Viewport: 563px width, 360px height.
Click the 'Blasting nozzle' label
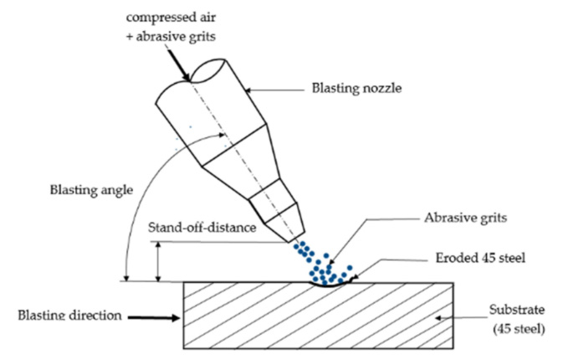pyautogui.click(x=356, y=89)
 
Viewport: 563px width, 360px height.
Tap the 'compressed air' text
pyautogui.click(x=171, y=18)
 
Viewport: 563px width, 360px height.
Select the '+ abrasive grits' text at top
pyautogui.click(x=171, y=37)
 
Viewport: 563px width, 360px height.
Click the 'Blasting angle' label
pyautogui.click(x=91, y=190)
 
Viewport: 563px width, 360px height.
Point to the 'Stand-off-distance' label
pyautogui.click(x=202, y=228)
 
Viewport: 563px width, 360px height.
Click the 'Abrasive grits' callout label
pyautogui.click(x=465, y=218)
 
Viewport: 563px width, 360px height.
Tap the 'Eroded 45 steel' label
pyautogui.click(x=480, y=258)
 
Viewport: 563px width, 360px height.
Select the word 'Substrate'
pyautogui.click(x=517, y=310)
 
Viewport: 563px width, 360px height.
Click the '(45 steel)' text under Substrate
pyautogui.click(x=519, y=329)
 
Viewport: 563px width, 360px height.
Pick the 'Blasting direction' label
pyautogui.click(x=70, y=316)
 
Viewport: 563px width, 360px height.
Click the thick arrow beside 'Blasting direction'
pyautogui.click(x=154, y=317)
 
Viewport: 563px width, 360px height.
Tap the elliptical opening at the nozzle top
pyautogui.click(x=208, y=71)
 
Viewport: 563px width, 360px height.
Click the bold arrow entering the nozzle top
pyautogui.click(x=179, y=65)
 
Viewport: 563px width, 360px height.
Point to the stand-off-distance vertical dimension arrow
pyautogui.click(x=158, y=261)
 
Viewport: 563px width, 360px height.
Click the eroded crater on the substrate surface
pyautogui.click(x=330, y=285)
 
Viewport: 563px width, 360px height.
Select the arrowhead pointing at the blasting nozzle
pyautogui.click(x=248, y=90)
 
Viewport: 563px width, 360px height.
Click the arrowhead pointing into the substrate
pyautogui.click(x=438, y=318)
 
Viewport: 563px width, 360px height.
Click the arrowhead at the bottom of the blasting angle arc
pyautogui.click(x=126, y=278)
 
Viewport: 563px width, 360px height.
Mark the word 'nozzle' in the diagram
pyautogui.click(x=381, y=89)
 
